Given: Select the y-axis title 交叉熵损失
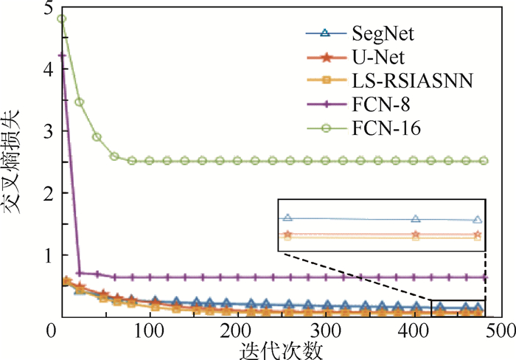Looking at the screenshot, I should pos(16,161).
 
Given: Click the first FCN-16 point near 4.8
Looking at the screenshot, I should pos(62,19).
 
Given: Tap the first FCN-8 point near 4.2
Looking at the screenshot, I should pos(62,55).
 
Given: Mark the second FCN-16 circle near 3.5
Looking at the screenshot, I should pos(80,102).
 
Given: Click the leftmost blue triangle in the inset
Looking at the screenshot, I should pos(287,218).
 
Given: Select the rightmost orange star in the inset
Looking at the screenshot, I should pos(477,235).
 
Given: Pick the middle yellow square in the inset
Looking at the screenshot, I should pos(416,238).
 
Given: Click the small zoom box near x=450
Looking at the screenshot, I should pos(458,308).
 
